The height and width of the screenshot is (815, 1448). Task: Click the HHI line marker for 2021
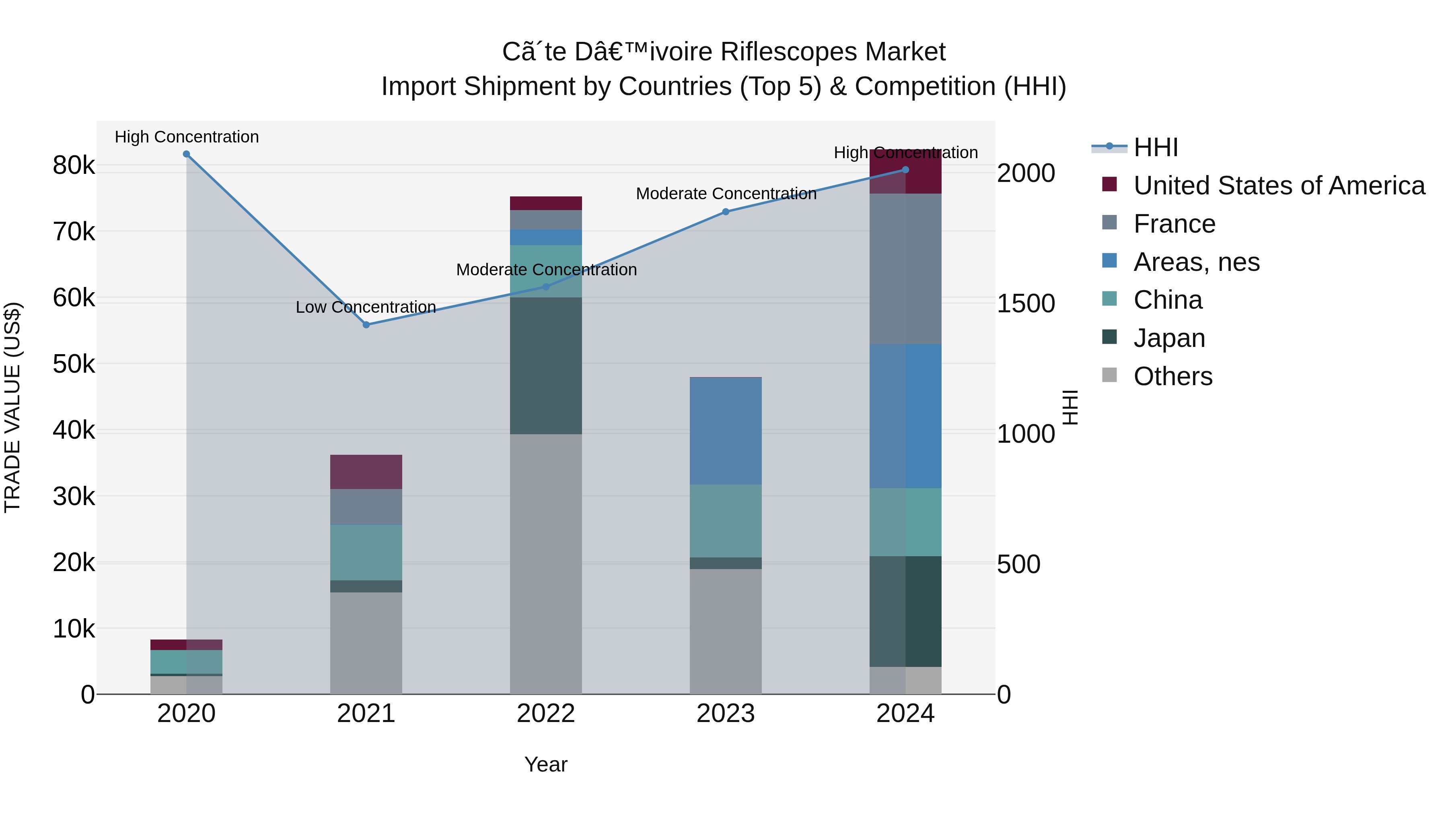pyautogui.click(x=366, y=324)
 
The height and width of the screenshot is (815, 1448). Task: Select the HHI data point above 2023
pyautogui.click(x=725, y=211)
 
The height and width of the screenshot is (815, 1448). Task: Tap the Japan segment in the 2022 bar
pyautogui.click(x=545, y=365)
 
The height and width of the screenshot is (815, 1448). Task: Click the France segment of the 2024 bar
pyautogui.click(x=905, y=269)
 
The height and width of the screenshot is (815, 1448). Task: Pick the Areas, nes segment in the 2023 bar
pyautogui.click(x=725, y=431)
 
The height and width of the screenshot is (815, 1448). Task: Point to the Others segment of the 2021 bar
pyautogui.click(x=366, y=643)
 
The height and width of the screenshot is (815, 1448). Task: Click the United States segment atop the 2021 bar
pyautogui.click(x=366, y=471)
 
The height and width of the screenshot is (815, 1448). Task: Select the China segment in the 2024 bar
pyautogui.click(x=905, y=522)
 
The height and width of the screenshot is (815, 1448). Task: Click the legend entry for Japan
pyautogui.click(x=1169, y=338)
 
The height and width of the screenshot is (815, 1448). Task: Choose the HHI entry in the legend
pyautogui.click(x=1156, y=147)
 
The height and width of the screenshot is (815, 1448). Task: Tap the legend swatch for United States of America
pyautogui.click(x=1109, y=184)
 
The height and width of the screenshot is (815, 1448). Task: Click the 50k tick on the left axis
pyautogui.click(x=74, y=364)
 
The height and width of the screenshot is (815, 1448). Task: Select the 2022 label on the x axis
pyautogui.click(x=545, y=714)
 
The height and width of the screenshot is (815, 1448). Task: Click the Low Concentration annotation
pyautogui.click(x=366, y=307)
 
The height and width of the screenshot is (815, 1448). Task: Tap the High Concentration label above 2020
pyautogui.click(x=187, y=137)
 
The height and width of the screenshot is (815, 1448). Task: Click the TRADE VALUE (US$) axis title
pyautogui.click(x=12, y=407)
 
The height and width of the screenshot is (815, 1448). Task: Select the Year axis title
pyautogui.click(x=545, y=764)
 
